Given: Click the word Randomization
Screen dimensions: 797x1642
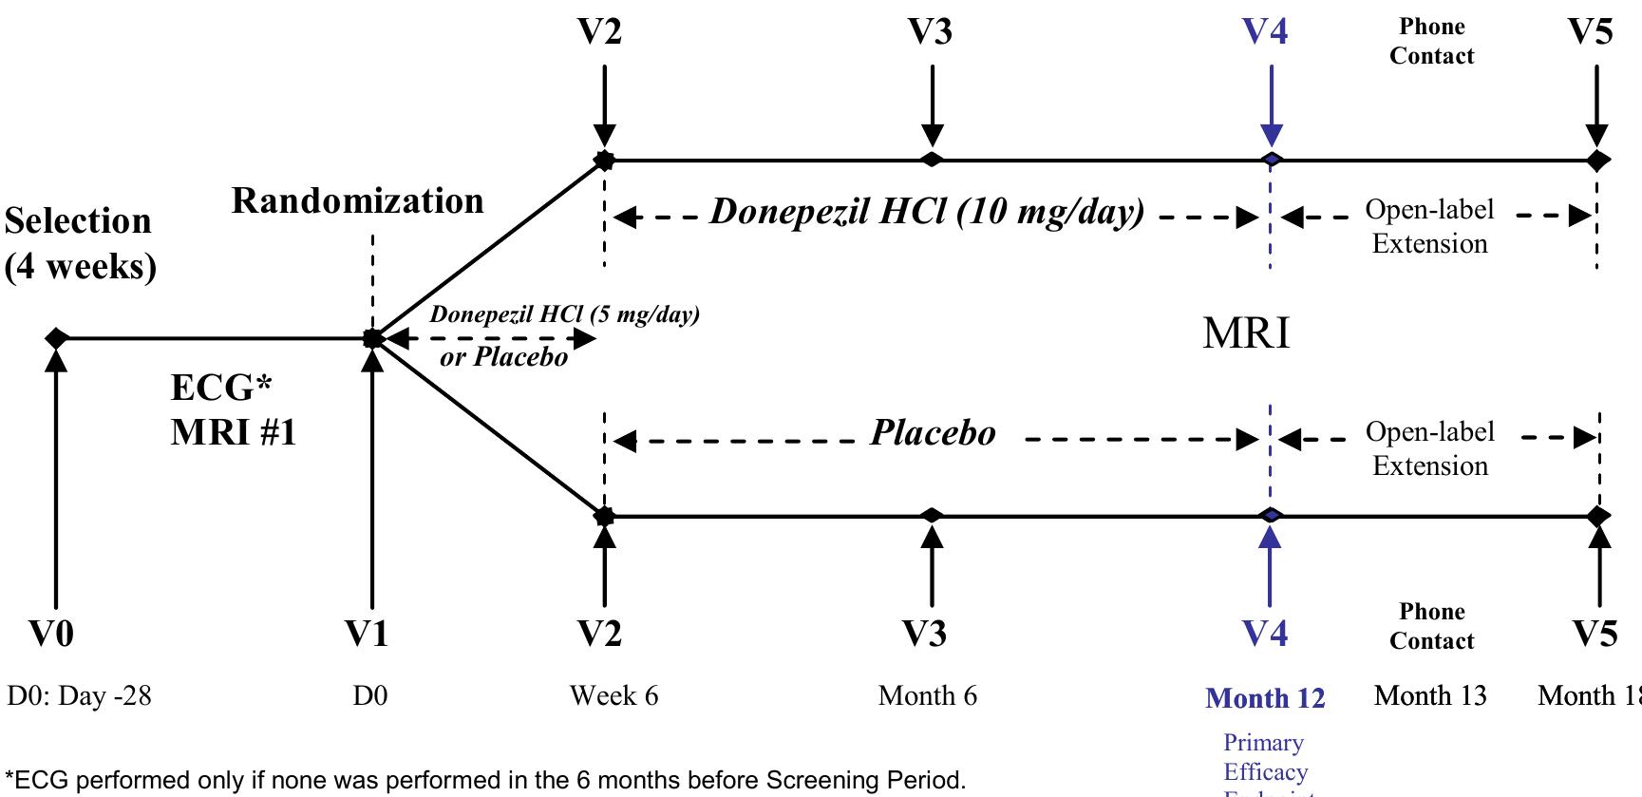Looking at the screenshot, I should pyautogui.click(x=357, y=201).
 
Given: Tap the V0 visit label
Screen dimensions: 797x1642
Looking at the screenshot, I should pyautogui.click(x=51, y=633).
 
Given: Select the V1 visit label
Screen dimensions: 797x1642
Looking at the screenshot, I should pyautogui.click(x=367, y=633).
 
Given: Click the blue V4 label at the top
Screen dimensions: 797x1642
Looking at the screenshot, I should pyautogui.click(x=1265, y=32).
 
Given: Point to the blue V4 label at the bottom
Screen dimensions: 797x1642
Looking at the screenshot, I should pyautogui.click(x=1265, y=633).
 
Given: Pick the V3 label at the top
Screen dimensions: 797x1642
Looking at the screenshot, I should pyautogui.click(x=930, y=32).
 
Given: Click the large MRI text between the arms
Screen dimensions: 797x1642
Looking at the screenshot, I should pyautogui.click(x=1246, y=333).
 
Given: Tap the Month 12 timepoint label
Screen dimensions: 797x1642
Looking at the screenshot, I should pyautogui.click(x=1265, y=698).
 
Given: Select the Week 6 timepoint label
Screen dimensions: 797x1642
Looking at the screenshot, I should pyautogui.click(x=613, y=696).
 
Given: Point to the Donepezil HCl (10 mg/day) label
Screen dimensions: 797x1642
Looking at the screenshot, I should pyautogui.click(x=927, y=212).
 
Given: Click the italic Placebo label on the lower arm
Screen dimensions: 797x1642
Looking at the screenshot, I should pyautogui.click(x=933, y=434).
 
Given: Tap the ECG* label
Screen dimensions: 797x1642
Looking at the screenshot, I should pyautogui.click(x=221, y=388).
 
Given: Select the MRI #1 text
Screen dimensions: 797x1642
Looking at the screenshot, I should pyautogui.click(x=234, y=433).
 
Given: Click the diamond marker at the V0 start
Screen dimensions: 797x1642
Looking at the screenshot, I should pyautogui.click(x=57, y=337).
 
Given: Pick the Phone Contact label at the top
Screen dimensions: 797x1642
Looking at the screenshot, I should pyautogui.click(x=1431, y=42).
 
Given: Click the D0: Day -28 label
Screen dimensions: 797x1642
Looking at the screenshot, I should pyautogui.click(x=79, y=696).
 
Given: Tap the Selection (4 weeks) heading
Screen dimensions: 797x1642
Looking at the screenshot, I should pyautogui.click(x=80, y=243).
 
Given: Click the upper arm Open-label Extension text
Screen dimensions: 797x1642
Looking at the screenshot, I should pyautogui.click(x=1429, y=227).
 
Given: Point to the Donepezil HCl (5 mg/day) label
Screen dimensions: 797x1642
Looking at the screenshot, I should pyautogui.click(x=564, y=314).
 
